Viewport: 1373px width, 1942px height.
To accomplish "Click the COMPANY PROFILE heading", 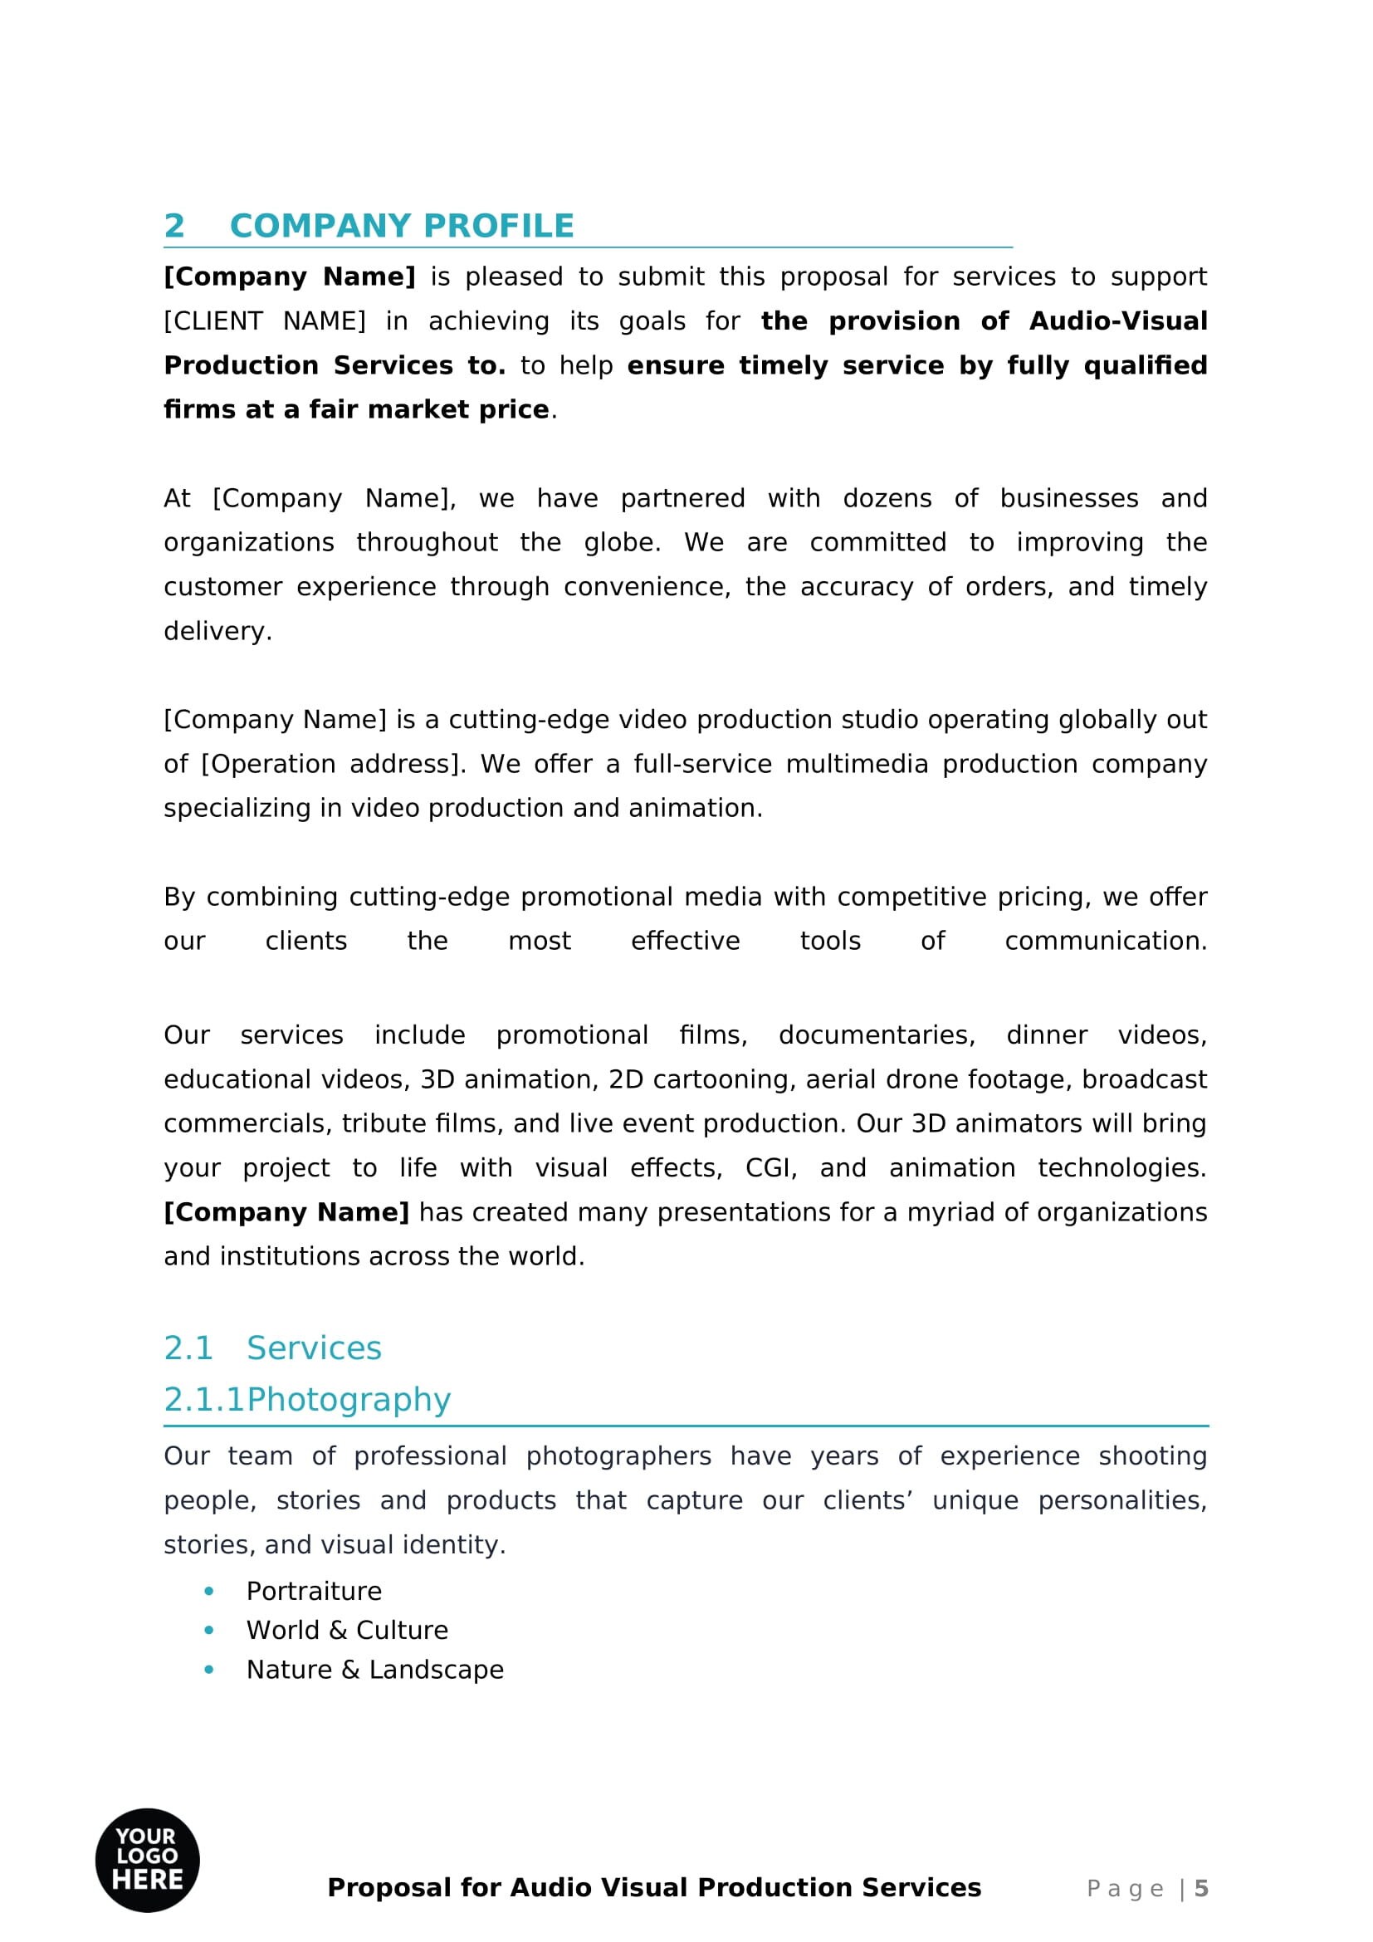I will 402,226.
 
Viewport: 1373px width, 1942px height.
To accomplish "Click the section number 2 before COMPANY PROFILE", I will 174,226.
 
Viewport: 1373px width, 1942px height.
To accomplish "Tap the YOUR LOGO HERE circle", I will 147,1860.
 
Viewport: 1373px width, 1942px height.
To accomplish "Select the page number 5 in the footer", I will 1200,1889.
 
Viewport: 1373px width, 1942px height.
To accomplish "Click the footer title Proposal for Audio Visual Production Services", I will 653,1888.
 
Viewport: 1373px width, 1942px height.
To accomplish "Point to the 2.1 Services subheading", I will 272,1348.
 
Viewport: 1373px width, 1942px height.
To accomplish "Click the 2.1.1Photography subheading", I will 307,1399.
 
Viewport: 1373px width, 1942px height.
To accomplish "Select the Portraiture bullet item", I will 314,1591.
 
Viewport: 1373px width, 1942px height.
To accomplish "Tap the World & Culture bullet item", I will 347,1630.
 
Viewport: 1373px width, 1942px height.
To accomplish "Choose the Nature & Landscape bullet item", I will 374,1670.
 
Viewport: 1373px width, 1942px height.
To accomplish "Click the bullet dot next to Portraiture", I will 209,1591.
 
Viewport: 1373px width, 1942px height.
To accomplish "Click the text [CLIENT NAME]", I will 265,321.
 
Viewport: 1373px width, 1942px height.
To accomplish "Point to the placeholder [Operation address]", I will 332,764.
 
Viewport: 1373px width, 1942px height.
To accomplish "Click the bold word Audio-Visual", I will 1117,321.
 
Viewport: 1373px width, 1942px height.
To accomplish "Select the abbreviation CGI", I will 770,1168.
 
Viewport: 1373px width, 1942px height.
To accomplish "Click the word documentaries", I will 876,1035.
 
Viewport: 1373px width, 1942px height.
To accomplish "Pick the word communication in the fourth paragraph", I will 1105,941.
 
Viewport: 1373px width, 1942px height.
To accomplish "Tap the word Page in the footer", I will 1125,1889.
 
